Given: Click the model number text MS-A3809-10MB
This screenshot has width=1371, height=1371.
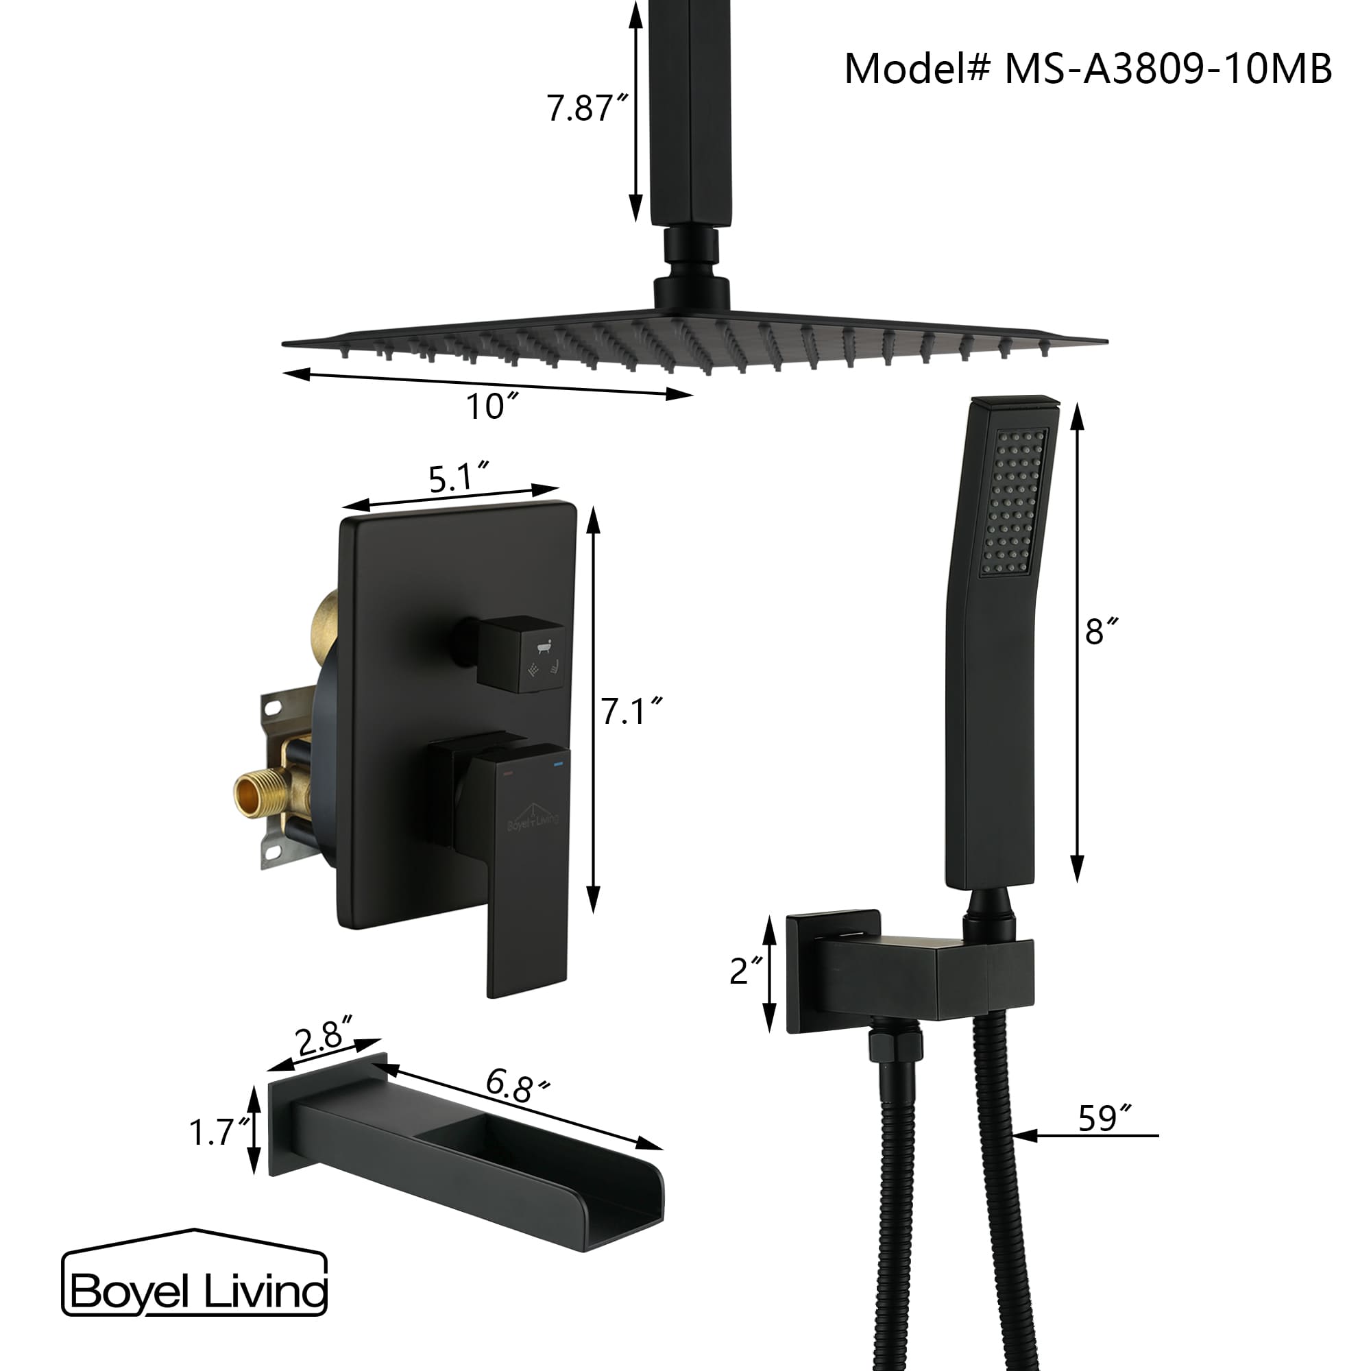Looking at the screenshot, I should (1167, 69).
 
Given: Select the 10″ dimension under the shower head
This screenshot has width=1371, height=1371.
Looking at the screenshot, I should (491, 407).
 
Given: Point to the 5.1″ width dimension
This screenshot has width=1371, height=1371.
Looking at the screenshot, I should (459, 478).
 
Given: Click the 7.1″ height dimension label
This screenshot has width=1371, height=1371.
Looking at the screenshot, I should (631, 712).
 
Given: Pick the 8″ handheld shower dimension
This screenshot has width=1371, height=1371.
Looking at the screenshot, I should (1102, 631).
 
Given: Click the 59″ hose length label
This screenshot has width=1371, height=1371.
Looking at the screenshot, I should (1103, 1119).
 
